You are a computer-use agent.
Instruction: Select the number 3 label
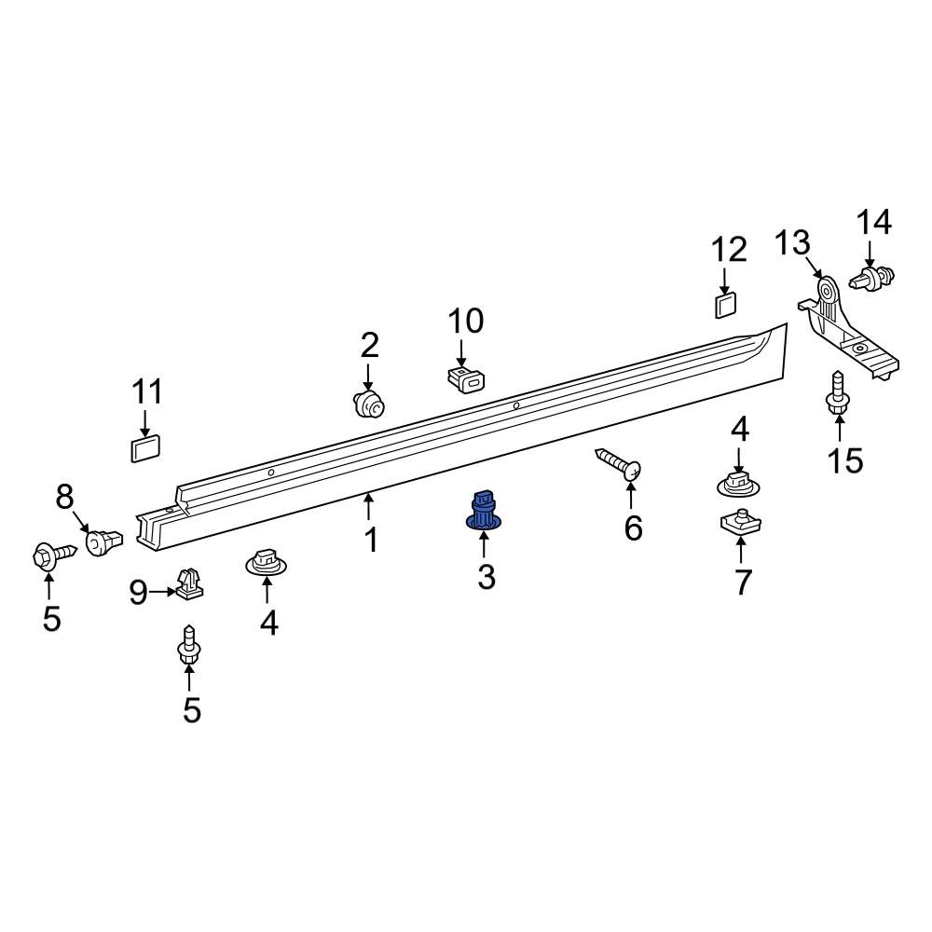pos(487,577)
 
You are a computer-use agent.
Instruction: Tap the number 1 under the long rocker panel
pos(371,540)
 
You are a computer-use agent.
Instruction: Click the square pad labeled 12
pos(725,304)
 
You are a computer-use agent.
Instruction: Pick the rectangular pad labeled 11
pos(144,448)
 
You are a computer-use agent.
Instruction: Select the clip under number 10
pos(467,378)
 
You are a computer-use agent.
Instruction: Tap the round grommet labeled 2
pos(369,404)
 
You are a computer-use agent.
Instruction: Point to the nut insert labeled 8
pos(103,541)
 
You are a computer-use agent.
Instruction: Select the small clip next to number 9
pos(190,584)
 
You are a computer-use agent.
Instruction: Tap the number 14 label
pos(874,223)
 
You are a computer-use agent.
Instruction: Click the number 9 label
pos(138,592)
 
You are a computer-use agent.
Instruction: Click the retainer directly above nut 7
pos(738,483)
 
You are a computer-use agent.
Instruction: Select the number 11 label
pos(146,391)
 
